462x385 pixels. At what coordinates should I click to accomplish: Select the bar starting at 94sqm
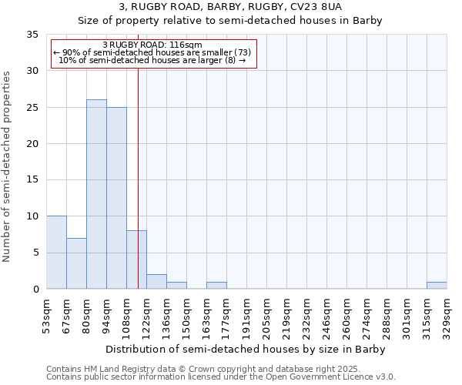tap(116, 198)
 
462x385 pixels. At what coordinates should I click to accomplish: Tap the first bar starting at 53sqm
tap(56, 253)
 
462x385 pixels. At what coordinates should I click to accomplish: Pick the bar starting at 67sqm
tap(76, 263)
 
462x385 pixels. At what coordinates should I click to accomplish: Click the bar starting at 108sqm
tap(136, 259)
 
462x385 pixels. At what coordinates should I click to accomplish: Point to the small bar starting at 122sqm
tap(156, 282)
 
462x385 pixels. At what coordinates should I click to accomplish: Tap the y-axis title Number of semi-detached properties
tap(8, 166)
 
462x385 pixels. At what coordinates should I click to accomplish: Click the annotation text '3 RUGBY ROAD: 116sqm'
tap(152, 45)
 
